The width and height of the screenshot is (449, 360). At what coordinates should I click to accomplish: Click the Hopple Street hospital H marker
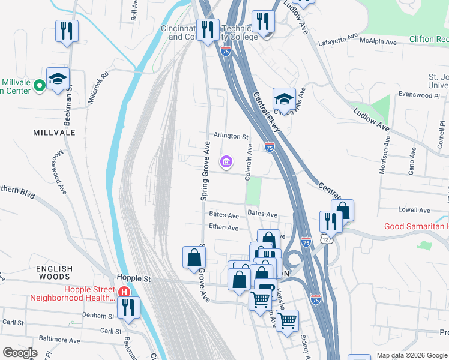pos(124,292)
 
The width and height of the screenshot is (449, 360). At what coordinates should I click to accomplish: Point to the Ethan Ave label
pos(223,228)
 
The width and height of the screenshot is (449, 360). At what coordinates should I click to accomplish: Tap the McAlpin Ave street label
pos(379,42)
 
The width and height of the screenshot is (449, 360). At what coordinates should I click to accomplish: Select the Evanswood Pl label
pos(420,95)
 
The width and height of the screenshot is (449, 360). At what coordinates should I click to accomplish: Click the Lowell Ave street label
pos(416,211)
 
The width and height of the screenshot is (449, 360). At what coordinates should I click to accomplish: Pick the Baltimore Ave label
pos(59,340)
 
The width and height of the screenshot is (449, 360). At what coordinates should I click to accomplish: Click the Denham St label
pos(99,316)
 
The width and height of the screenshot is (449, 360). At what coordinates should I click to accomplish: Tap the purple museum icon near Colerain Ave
pos(226,161)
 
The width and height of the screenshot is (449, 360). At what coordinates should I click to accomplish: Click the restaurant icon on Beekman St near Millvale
pos(67,30)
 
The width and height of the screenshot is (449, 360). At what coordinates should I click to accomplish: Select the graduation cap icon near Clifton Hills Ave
pos(285,98)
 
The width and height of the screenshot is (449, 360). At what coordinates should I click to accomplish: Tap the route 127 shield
pos(324,238)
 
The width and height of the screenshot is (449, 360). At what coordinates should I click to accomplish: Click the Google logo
pos(20,353)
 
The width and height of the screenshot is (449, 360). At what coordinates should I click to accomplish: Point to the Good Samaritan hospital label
pos(416,226)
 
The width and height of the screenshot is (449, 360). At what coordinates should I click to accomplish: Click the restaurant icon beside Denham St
pos(128,307)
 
